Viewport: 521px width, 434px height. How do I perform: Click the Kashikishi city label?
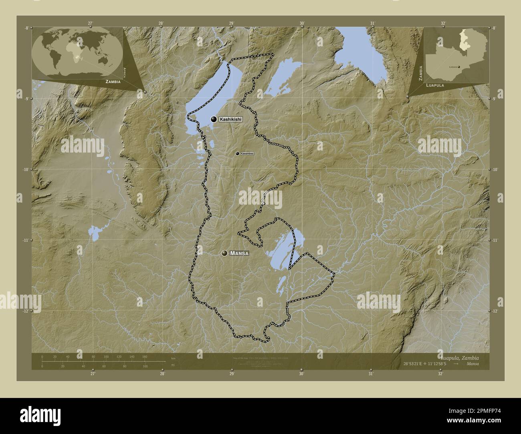[x=231, y=119]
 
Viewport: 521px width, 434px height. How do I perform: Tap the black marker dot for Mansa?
[x=224, y=253]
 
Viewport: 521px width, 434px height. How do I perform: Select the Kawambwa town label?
[x=247, y=154]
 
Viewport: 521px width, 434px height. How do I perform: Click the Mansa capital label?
[x=240, y=253]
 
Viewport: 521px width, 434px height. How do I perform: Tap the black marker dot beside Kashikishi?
[x=214, y=119]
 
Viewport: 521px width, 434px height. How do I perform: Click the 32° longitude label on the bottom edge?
[x=440, y=374]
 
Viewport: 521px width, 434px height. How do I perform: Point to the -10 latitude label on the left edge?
[x=26, y=169]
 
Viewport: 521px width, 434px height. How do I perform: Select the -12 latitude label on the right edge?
[x=495, y=311]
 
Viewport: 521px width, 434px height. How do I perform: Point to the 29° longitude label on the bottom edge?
[x=232, y=374]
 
